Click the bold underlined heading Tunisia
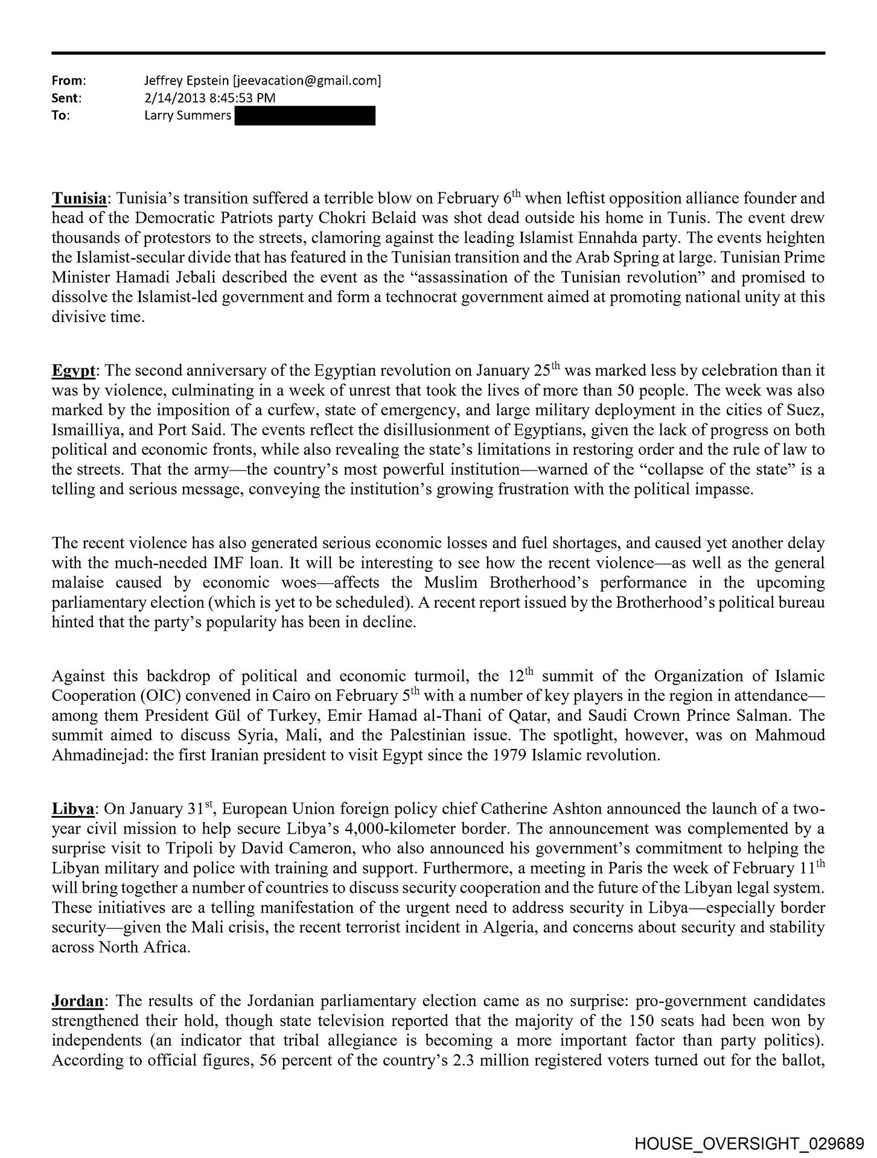coord(79,198)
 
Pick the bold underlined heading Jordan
coord(78,1001)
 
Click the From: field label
coord(69,80)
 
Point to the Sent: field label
coord(66,98)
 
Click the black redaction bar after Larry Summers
coord(304,115)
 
